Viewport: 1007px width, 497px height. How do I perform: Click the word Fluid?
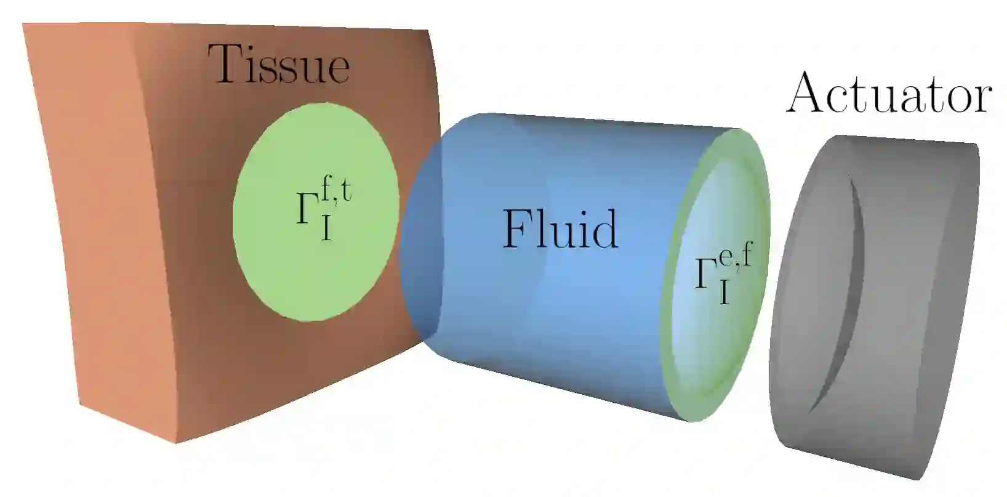560,229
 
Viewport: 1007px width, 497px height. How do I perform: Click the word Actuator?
889,94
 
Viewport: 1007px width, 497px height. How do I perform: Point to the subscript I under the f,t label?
326,229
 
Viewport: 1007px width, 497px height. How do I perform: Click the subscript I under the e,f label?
724,294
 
